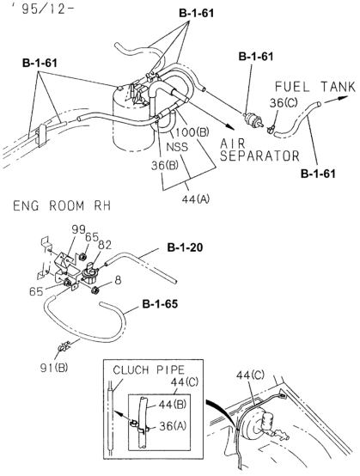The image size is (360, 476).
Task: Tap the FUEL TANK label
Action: click(x=314, y=87)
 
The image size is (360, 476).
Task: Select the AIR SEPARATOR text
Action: click(x=259, y=150)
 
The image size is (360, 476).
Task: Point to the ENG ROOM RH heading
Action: click(x=62, y=206)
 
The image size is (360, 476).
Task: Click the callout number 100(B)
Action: click(x=192, y=132)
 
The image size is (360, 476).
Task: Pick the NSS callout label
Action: click(x=178, y=147)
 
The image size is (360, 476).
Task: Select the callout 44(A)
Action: click(x=196, y=199)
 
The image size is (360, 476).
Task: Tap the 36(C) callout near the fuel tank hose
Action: click(x=284, y=103)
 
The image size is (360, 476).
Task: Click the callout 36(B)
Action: click(x=165, y=166)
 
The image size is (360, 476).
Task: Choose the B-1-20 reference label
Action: click(x=186, y=247)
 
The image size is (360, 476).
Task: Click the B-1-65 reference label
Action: click(x=160, y=304)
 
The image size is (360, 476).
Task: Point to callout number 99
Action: click(x=78, y=229)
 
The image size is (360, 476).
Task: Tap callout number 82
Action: click(x=105, y=245)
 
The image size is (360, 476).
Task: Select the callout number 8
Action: click(x=118, y=280)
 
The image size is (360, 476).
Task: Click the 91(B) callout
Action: click(x=54, y=368)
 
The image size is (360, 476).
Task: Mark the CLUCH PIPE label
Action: click(x=149, y=369)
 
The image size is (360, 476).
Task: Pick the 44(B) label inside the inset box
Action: click(x=172, y=405)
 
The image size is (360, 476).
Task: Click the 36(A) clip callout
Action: click(x=173, y=426)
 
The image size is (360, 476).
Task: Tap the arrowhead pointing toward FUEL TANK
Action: click(x=343, y=98)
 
